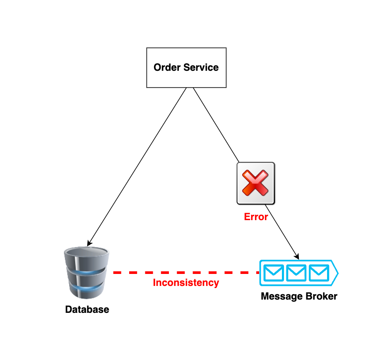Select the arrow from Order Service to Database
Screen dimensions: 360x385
tap(137, 166)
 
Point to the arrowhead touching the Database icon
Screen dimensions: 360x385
tap(89, 244)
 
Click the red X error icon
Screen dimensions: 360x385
tap(255, 183)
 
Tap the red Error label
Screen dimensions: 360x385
tap(256, 217)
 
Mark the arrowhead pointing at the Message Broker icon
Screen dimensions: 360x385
tap(297, 257)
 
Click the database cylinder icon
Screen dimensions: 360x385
tap(87, 273)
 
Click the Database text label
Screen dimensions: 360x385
tap(87, 310)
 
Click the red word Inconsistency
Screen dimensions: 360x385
tap(186, 283)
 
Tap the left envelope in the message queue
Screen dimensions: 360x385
tap(274, 273)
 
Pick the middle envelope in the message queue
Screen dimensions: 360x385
tap(296, 273)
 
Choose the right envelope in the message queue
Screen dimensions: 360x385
tap(318, 273)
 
